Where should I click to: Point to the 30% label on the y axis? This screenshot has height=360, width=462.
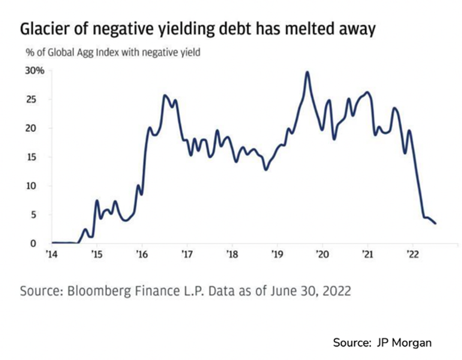coord(35,71)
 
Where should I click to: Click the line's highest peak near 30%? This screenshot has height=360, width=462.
coord(308,72)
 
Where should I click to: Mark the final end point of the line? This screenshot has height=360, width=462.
coord(435,223)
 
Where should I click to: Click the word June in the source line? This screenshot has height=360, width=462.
coord(277,291)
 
